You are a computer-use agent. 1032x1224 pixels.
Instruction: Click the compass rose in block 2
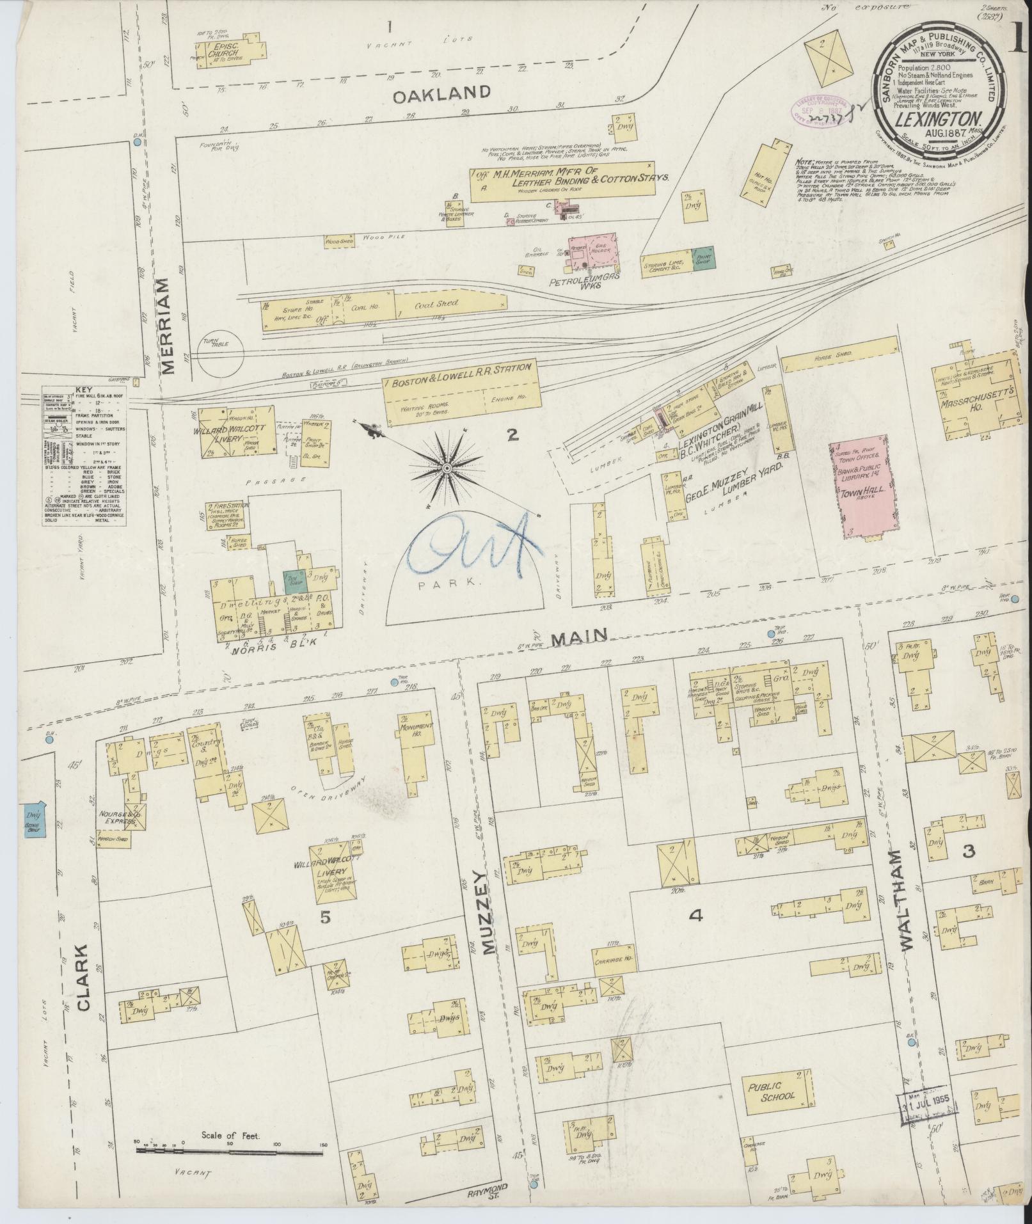tap(447, 469)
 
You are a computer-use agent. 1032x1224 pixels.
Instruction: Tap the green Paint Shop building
tap(704, 258)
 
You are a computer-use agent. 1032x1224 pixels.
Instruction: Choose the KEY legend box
tap(83, 456)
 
